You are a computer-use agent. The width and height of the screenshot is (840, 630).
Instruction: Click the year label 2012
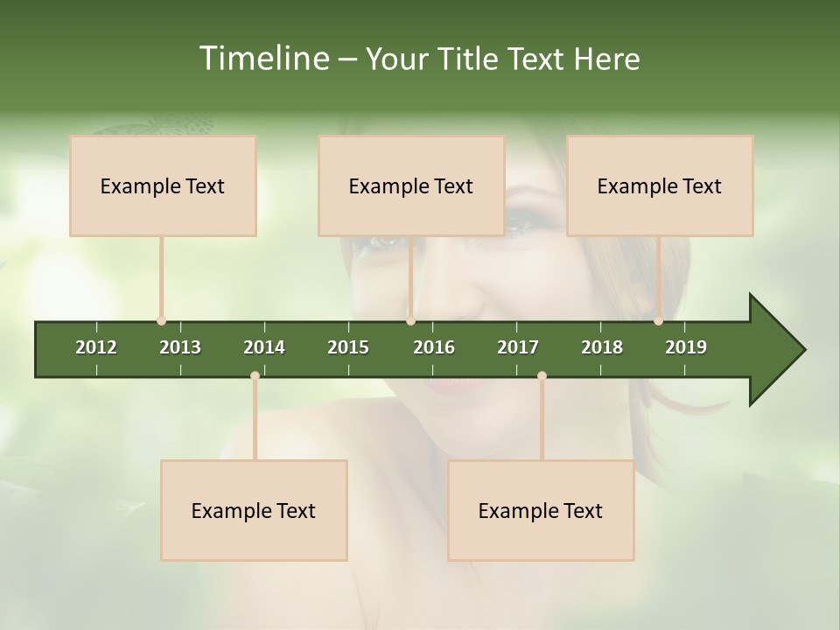click(x=96, y=347)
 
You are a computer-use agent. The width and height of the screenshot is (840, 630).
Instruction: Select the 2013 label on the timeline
click(x=180, y=347)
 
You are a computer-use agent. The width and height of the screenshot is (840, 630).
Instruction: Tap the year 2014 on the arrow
click(x=264, y=347)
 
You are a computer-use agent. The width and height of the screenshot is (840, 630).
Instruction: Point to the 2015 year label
click(x=348, y=347)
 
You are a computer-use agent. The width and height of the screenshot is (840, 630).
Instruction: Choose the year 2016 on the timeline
click(x=434, y=347)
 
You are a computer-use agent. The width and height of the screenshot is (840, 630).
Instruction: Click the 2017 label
click(x=518, y=347)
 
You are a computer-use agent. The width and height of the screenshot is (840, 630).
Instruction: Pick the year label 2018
click(x=602, y=347)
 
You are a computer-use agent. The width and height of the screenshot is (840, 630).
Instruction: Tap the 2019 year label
click(x=686, y=347)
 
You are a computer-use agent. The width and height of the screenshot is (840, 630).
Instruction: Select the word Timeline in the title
click(x=262, y=59)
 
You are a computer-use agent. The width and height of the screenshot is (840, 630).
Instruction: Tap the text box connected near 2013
click(x=163, y=185)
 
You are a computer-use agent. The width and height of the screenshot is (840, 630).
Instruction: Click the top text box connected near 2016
click(x=411, y=185)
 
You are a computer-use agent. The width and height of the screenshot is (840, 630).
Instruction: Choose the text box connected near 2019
click(x=660, y=185)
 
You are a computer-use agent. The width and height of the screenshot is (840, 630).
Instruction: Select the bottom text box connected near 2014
click(x=254, y=510)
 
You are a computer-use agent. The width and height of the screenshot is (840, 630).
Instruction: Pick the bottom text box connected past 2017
click(x=541, y=510)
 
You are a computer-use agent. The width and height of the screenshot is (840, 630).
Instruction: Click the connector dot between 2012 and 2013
click(x=162, y=321)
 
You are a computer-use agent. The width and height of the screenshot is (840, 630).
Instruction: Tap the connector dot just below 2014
click(x=255, y=376)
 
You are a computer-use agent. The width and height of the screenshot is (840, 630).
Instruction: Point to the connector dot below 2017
click(x=542, y=376)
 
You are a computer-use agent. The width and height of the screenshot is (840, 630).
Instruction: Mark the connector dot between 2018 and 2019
click(x=659, y=321)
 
